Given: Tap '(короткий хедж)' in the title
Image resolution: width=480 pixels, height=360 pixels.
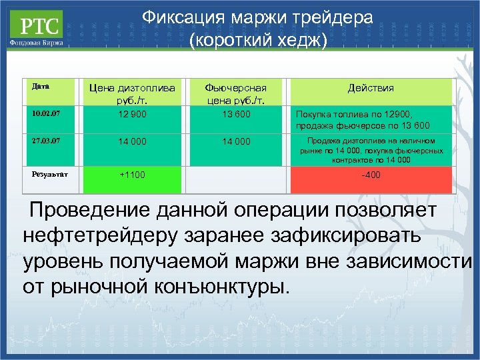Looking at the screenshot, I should tap(258, 41).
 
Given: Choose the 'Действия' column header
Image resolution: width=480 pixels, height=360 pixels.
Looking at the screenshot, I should tap(371, 88).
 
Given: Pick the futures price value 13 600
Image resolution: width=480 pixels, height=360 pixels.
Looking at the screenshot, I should tap(237, 114).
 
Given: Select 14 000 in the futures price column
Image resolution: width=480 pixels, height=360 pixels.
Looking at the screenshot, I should tap(237, 142).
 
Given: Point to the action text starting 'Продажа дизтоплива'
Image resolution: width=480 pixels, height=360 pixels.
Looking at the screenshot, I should tap(371, 150).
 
